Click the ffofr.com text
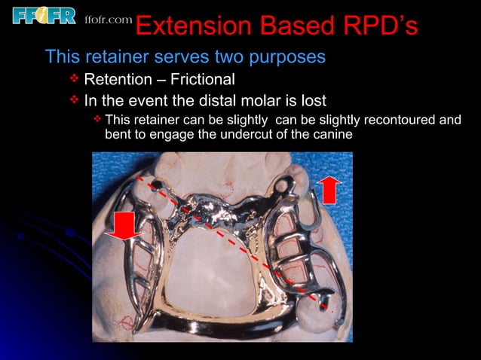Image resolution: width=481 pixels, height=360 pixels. pyautogui.click(x=108, y=19)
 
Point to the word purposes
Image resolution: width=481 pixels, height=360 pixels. pyautogui.click(x=287, y=57)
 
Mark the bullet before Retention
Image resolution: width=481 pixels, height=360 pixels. pyautogui.click(x=74, y=79)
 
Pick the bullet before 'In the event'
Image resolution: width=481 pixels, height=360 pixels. pyautogui.click(x=74, y=100)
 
